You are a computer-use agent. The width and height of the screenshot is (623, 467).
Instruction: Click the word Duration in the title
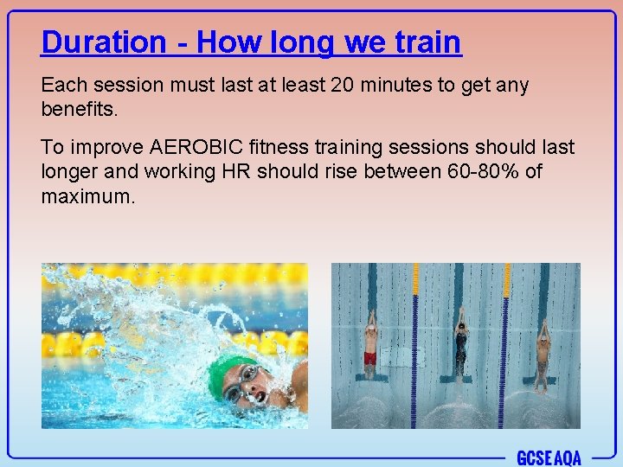pos(103,42)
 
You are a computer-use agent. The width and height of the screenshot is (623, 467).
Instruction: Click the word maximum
pos(87,195)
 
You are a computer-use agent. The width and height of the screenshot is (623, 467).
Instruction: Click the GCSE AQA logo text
pos(549,457)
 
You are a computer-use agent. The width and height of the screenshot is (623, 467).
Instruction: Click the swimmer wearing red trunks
pos(370,346)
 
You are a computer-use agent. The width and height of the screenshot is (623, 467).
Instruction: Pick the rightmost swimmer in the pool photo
pos(542,350)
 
